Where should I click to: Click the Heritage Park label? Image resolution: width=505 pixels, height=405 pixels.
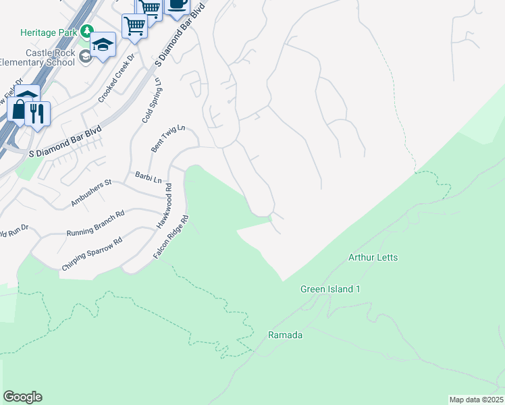pos(49,32)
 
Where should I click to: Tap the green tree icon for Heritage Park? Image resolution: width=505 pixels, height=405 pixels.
pos(86,31)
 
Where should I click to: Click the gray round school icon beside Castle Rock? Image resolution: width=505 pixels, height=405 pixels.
pos(85,57)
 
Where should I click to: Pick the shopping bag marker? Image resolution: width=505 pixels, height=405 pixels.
pos(18,109)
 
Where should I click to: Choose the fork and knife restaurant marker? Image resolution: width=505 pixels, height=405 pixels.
pos(38,112)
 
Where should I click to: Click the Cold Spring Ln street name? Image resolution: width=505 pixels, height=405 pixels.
pos(151,99)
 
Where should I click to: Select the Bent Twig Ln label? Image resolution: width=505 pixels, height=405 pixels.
pos(167,138)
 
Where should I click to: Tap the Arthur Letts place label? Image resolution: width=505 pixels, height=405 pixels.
pos(373,257)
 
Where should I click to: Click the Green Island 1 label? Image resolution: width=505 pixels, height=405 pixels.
pos(331,289)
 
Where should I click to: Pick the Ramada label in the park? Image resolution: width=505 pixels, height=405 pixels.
pos(285,335)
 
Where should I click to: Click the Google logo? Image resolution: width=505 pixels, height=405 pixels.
pos(22,396)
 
